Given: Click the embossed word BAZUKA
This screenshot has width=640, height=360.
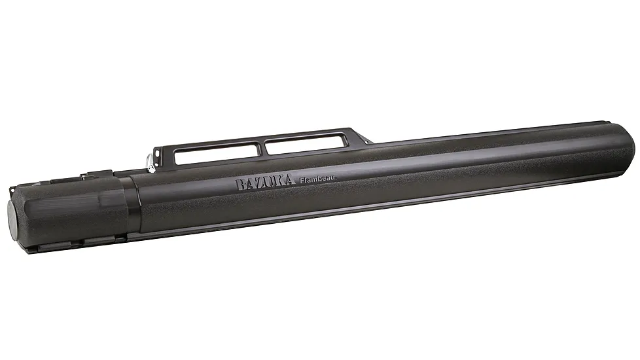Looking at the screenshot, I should (266, 183).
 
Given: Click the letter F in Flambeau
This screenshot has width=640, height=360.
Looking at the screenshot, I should (302, 181).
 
